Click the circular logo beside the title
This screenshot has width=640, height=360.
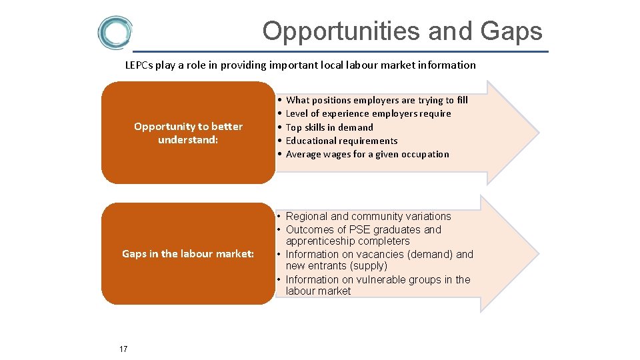click(x=115, y=33)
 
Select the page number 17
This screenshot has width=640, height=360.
click(x=123, y=349)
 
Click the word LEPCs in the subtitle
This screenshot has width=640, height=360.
click(x=139, y=65)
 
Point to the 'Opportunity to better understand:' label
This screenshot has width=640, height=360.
click(x=188, y=133)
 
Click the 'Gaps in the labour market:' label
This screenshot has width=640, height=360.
click(x=188, y=253)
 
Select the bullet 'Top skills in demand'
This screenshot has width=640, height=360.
click(x=329, y=127)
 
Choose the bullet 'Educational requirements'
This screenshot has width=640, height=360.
click(x=341, y=141)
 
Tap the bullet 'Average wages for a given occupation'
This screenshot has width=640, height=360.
click(x=367, y=154)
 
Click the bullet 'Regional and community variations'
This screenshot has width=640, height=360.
click(x=368, y=216)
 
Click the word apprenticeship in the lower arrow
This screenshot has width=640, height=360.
click(x=319, y=241)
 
